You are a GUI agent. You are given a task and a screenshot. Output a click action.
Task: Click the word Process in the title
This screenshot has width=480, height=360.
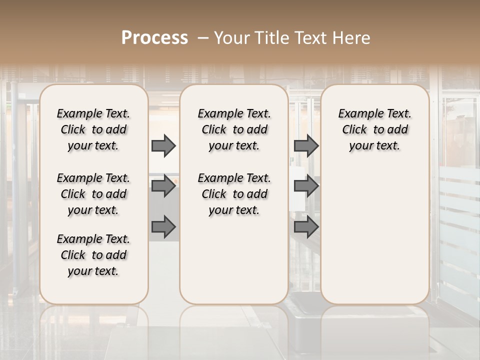coord(154,38)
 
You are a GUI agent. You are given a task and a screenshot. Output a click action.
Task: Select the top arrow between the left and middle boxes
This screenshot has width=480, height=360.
coord(163,146)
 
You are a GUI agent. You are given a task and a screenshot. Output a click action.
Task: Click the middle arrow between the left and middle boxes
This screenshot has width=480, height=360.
coord(163,186)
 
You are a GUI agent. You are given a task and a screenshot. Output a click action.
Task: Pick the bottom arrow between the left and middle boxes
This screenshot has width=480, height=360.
coord(163,227)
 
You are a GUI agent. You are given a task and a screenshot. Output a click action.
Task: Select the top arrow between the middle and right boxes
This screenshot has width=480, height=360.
coord(306,146)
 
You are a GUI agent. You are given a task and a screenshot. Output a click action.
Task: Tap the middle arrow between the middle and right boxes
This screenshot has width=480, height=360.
coord(306,186)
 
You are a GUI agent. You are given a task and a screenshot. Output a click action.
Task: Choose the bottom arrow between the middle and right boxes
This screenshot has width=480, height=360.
coord(306,227)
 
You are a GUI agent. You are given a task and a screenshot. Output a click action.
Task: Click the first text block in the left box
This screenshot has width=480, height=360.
coord(93,129)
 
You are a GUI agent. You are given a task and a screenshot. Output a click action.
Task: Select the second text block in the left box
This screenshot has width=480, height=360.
coord(93,194)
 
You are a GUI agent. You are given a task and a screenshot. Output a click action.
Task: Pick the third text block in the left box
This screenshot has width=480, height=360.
coord(93,255)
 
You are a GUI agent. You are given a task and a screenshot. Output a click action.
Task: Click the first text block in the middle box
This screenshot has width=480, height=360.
coord(234,129)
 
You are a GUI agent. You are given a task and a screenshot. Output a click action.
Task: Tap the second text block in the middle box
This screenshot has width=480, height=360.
coord(234,194)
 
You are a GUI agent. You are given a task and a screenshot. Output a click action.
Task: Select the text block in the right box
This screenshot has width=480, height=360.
coord(374,129)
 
